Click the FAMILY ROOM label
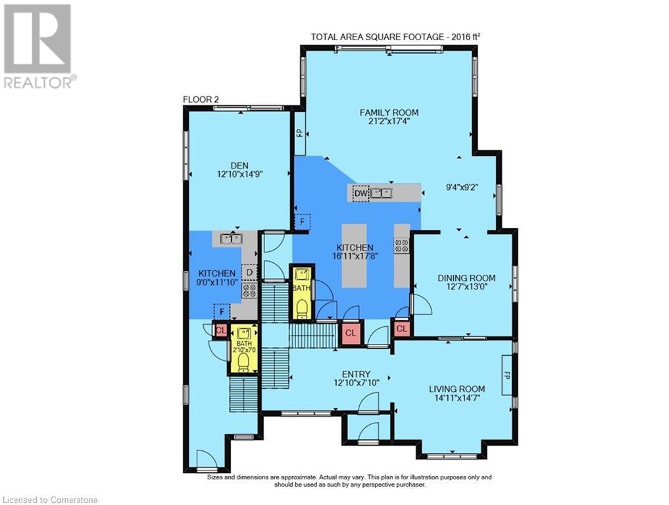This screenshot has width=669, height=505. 389,112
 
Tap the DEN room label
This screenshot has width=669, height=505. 239,166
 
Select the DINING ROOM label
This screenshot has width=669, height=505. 466,278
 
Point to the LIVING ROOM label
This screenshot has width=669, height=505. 457,389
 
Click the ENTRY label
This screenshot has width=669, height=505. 357,374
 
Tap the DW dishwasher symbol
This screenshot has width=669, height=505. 361,193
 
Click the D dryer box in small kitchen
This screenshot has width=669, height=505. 249,272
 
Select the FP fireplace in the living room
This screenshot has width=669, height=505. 507,375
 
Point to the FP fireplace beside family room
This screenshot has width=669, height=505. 300,133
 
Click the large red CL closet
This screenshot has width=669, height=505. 350,333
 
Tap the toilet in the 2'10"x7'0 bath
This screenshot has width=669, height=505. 243,362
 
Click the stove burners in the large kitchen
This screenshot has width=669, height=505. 402,245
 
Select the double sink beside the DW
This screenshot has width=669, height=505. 381,193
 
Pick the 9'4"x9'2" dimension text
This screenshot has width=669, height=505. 462,186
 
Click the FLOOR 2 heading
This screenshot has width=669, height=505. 201,99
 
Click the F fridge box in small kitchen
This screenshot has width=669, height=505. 222,312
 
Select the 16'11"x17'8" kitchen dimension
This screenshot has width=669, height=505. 355,256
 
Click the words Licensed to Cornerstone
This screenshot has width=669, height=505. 50,500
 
